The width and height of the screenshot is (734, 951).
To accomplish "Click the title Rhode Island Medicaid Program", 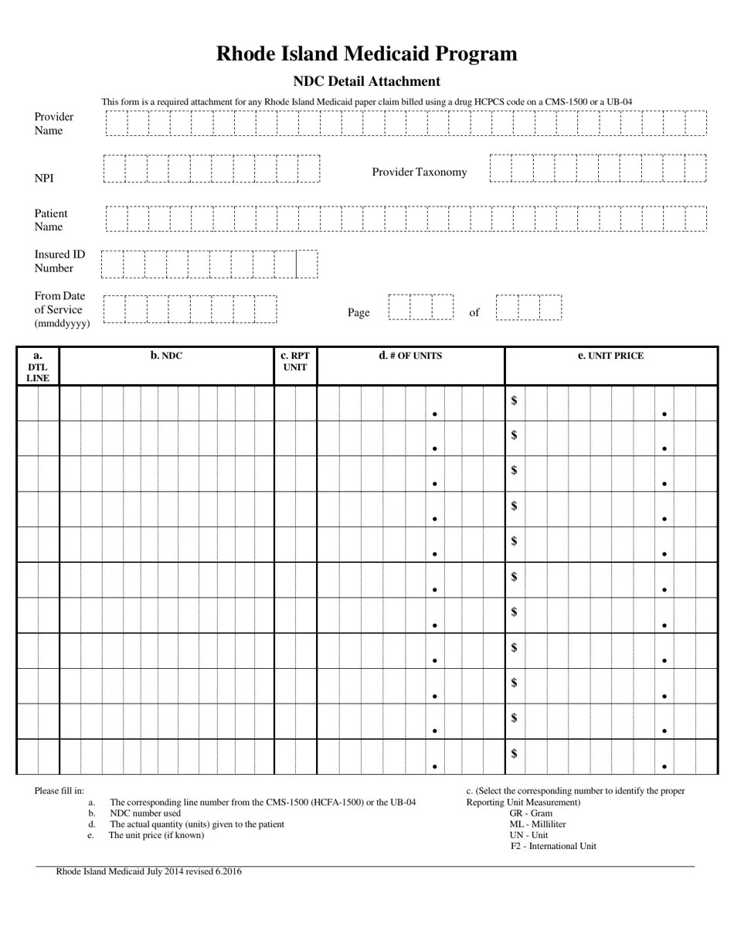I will coord(366,53).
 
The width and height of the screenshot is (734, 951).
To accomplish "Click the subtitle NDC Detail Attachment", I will coord(366,81).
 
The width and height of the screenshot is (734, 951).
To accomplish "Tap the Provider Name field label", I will coord(54,124).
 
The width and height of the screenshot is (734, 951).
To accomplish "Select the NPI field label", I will coord(44,178).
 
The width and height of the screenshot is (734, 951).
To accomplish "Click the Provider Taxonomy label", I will coord(419,172).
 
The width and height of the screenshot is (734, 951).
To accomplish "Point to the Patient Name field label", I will coord(51,220).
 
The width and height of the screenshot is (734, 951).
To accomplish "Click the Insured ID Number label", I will coord(59,261).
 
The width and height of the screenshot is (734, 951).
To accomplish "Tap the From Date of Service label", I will coord(61,309).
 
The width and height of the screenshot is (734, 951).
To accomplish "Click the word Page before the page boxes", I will coord(359,312).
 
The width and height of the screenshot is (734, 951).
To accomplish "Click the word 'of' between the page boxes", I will coord(474,312).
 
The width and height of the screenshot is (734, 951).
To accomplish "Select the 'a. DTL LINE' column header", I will coord(38,366).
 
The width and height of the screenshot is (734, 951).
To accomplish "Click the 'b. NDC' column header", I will coord(166,356).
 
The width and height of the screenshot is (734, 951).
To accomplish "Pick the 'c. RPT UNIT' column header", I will coord(295,362).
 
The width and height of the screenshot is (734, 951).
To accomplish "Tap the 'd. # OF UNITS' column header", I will coord(410,356).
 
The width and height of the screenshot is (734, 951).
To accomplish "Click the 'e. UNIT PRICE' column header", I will coord(610,356).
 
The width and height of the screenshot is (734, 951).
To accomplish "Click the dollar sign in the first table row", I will coord(514,400).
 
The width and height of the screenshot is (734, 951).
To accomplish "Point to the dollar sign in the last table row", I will coord(514,753).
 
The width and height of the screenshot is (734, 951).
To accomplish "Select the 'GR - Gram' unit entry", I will coord(531,813).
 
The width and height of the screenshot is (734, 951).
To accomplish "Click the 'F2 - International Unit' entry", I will coord(553,846).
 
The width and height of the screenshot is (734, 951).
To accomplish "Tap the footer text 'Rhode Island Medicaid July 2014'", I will coord(148,871).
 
